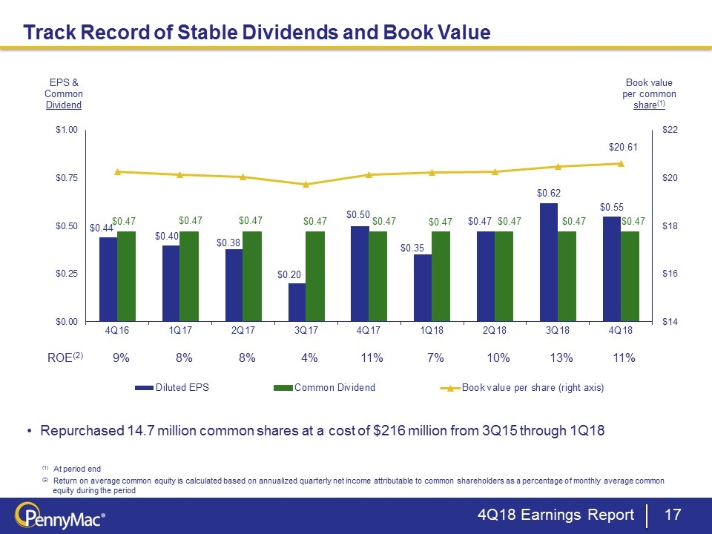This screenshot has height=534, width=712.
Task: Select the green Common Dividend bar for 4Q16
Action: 127,276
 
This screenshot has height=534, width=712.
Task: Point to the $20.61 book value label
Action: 622,147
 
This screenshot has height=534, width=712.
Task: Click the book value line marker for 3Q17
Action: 306,184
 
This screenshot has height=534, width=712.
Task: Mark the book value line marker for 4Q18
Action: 621,164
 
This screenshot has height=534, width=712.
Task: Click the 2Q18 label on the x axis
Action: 495,331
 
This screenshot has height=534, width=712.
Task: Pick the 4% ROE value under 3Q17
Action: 309,357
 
